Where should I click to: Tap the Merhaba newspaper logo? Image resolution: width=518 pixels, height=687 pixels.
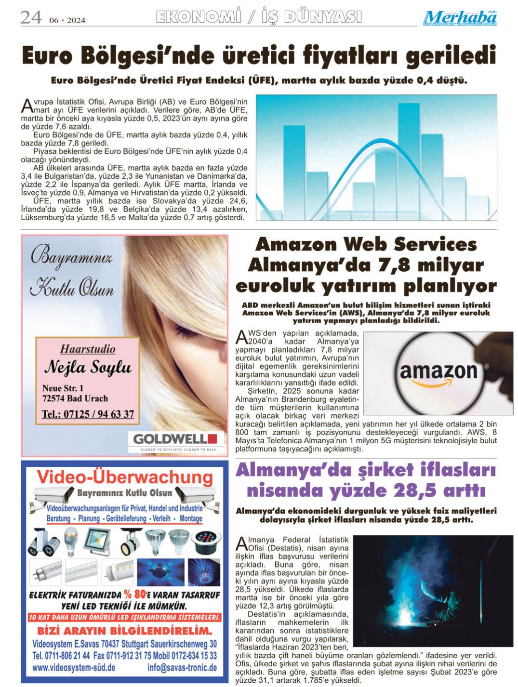pos(460,18)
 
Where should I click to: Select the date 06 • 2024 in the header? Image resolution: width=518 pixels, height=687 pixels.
pos(67,20)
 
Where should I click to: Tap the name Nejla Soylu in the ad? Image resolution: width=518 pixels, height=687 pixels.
pos(88,368)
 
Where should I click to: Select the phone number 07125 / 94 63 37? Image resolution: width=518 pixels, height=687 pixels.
pos(88,414)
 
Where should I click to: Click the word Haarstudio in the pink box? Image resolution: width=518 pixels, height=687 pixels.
pos(88,349)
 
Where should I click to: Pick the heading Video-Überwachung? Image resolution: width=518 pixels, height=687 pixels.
pos(125,477)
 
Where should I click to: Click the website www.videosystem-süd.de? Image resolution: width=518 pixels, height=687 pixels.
pos(74,668)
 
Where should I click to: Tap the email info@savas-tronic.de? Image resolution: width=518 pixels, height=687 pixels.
pos(182,668)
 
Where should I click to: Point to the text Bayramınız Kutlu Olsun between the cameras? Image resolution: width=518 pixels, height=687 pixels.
pos(124,493)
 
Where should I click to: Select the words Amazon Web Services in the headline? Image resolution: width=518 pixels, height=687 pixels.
pos(366,244)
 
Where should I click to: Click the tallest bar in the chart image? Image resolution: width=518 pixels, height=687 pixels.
pos(409,154)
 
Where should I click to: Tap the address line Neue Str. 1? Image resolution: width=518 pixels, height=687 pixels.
pos(63,388)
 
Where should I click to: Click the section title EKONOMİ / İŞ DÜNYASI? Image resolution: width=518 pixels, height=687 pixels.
pos(259,17)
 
